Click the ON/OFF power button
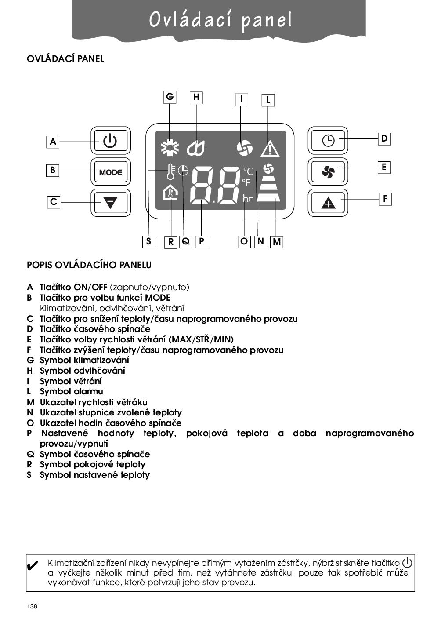tap(110, 141)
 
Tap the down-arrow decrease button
tap(110, 202)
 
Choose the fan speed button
tap(328, 171)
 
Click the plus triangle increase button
tap(328, 203)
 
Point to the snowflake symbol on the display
tap(170, 148)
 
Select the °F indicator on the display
tap(246, 182)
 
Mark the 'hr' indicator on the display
tap(248, 199)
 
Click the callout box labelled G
tap(170, 97)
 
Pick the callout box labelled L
tap(268, 100)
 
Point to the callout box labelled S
tap(149, 241)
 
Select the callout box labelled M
tap(277, 241)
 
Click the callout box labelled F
tap(385, 199)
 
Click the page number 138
tap(32, 607)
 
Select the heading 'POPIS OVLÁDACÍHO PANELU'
tap(89, 265)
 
